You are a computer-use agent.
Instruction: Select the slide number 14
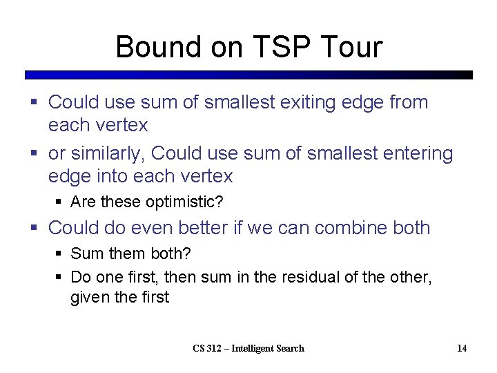pyautogui.click(x=462, y=348)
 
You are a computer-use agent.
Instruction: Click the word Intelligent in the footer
pyautogui.click(x=257, y=348)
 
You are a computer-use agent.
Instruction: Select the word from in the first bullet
pyautogui.click(x=409, y=102)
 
